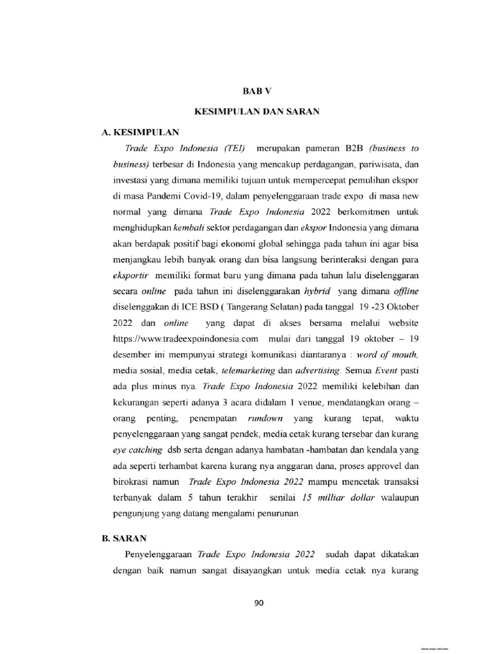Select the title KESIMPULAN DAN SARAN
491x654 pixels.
256,112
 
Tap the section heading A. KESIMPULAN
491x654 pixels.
137,132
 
